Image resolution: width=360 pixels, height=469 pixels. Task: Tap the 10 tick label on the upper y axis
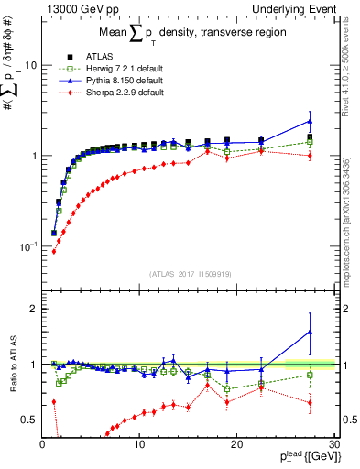pyautogui.click(x=30, y=66)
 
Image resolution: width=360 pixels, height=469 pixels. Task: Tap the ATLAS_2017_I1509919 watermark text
pyautogui.click(x=190, y=274)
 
